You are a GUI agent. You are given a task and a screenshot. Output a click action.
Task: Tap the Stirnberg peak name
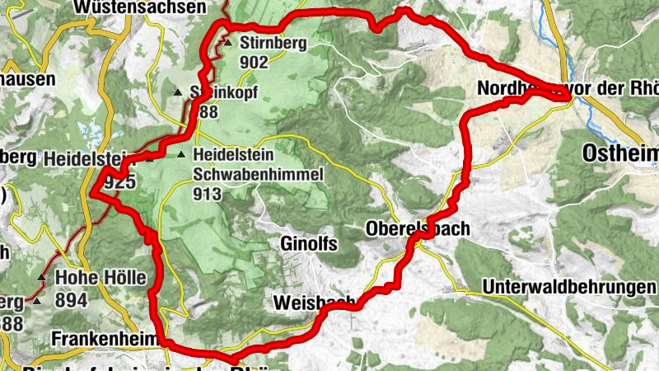(273, 43)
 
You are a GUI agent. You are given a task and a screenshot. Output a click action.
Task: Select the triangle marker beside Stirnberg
(227, 42)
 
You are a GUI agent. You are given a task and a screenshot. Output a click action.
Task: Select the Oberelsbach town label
(417, 229)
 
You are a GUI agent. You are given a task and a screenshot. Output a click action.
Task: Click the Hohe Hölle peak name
(100, 279)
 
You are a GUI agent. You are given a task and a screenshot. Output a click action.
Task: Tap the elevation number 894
(72, 299)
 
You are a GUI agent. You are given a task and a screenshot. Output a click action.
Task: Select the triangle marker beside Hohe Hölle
(41, 277)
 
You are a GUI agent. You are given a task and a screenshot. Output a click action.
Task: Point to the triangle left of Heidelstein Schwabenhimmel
(181, 154)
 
